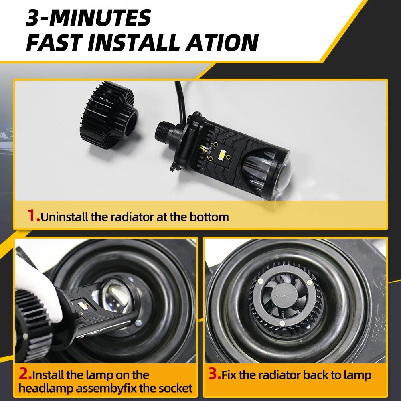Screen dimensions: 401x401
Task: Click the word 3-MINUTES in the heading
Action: point(88,18)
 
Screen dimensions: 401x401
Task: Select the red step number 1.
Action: point(33,217)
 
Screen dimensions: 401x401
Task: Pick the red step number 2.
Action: point(24,375)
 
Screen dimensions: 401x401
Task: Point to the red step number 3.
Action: point(215,375)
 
